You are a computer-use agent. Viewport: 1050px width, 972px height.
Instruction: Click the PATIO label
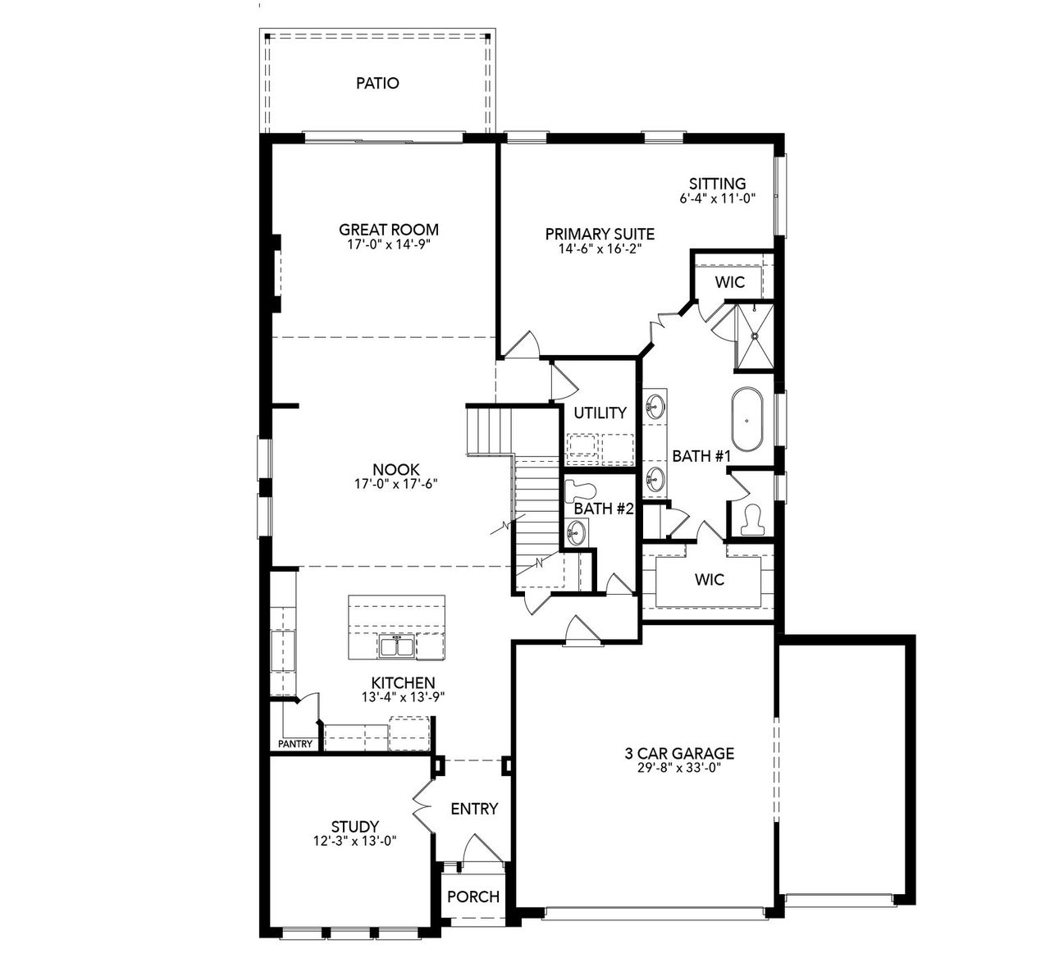[378, 83]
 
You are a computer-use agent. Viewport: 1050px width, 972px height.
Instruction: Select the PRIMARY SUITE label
[600, 235]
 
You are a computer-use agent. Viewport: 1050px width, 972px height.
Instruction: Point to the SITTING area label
[717, 184]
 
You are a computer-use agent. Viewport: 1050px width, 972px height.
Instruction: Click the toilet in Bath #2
[581, 491]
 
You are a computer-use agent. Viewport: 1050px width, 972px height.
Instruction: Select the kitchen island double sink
[397, 646]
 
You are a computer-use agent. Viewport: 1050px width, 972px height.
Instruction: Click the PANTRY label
[294, 744]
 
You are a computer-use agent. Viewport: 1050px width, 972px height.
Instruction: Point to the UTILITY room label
[600, 413]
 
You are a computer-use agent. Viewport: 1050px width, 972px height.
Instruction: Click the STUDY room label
[354, 826]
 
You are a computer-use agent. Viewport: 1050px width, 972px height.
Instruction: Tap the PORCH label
[473, 897]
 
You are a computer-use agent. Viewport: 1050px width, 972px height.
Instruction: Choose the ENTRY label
[474, 809]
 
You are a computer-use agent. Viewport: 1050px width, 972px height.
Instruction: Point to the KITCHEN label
[403, 682]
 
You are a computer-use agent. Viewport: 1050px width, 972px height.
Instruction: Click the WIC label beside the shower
[729, 282]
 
